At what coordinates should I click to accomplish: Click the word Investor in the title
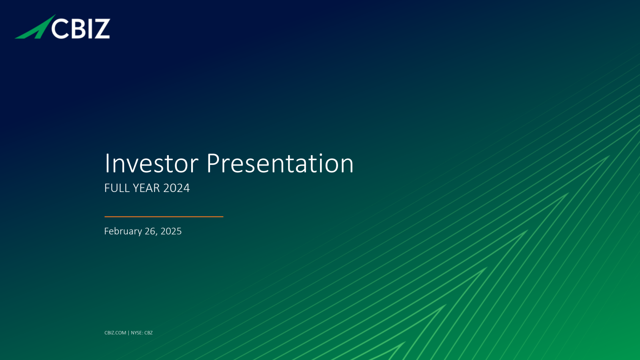(152, 164)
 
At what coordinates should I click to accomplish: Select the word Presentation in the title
(280, 164)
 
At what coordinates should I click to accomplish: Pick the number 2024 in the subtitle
(176, 188)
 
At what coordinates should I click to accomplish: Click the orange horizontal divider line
(164, 217)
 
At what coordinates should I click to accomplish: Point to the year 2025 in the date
(171, 231)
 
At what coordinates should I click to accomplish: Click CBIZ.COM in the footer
(115, 333)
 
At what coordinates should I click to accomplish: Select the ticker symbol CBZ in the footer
(148, 333)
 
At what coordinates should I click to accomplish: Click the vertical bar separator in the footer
(128, 333)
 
